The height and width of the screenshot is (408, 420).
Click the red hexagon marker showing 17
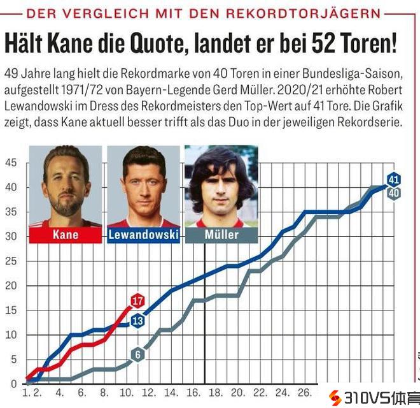pos(137,300)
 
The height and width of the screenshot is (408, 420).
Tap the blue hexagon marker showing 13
pos(137,321)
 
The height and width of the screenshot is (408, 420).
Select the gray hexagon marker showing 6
pos(137,354)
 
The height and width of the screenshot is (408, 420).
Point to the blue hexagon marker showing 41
pos(393,179)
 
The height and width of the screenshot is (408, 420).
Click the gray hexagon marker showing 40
pos(393,193)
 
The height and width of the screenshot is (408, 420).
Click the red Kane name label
pos(66,235)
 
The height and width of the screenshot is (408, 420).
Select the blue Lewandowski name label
pos(144,235)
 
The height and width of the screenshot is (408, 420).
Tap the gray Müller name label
pos(221,235)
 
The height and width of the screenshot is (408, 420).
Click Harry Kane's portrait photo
pos(66,185)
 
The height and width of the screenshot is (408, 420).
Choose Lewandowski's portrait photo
pos(144,185)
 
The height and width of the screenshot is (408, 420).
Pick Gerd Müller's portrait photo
pos(221,185)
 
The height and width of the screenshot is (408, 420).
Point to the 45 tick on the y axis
pos(11,163)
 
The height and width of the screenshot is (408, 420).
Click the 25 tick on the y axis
pos(11,261)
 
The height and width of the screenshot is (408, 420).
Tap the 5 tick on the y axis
pos(13,360)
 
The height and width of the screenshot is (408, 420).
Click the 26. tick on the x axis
pos(304,393)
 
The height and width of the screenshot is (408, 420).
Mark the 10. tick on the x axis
pos(125,393)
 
